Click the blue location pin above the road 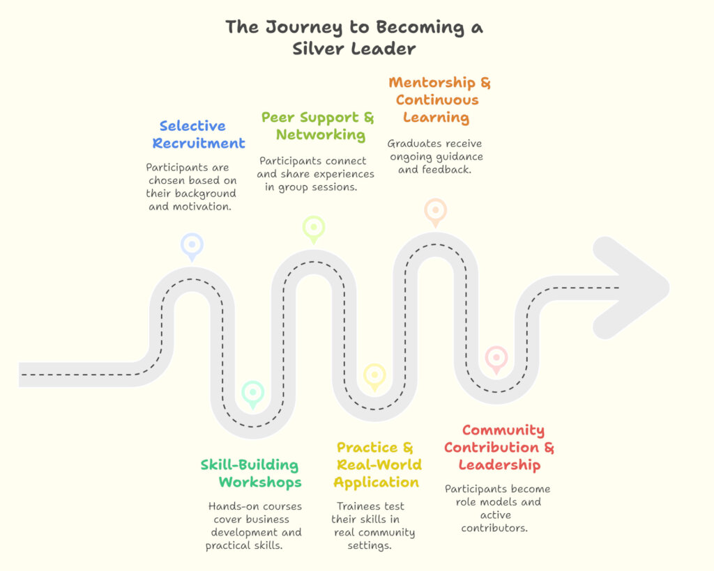(192, 245)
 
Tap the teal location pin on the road (252, 393)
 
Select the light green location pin (314, 228)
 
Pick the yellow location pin (374, 375)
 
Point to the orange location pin (435, 210)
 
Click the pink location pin (496, 358)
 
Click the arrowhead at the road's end (631, 288)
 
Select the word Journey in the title (304, 27)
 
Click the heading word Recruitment (199, 143)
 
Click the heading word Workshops (260, 482)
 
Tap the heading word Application (377, 482)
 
